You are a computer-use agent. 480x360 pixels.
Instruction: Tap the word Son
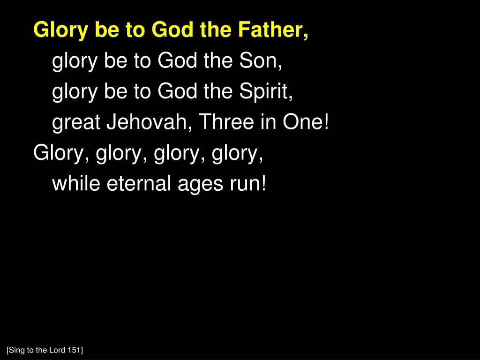[x=261, y=61]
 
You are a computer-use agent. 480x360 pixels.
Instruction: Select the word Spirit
[x=267, y=91]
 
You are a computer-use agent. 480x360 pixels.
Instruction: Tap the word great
[x=76, y=123]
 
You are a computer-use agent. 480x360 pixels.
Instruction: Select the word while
[x=76, y=183]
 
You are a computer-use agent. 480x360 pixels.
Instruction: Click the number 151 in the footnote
[x=75, y=350]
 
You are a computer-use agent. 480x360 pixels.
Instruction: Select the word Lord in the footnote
[x=59, y=350]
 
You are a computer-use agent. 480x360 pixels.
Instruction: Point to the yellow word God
[x=173, y=30]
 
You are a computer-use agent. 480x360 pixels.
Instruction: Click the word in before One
[x=268, y=122]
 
